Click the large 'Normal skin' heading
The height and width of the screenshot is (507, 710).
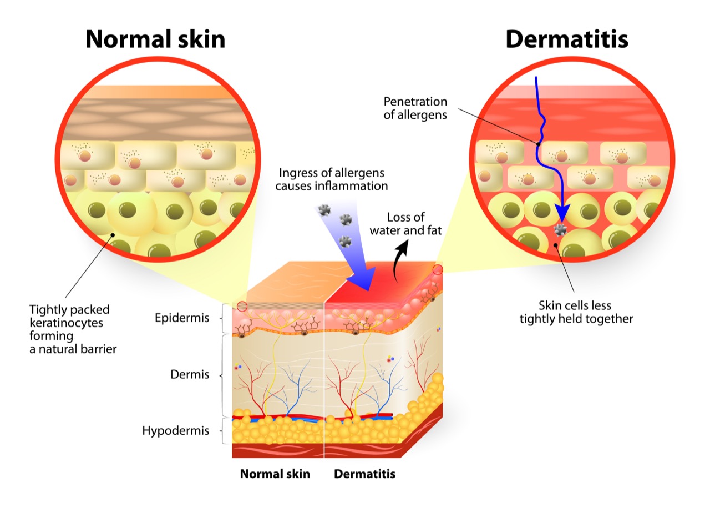(x=155, y=39)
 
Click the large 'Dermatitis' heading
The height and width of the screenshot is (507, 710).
(x=567, y=39)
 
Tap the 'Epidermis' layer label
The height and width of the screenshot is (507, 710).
(x=182, y=318)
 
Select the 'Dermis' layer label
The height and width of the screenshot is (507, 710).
(x=190, y=374)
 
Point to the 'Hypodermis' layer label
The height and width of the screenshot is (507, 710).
(x=176, y=431)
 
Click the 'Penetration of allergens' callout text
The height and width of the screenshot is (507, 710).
(x=415, y=108)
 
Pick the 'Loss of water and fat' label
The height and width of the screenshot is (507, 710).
(x=405, y=224)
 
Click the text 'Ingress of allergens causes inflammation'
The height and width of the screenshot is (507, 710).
(x=332, y=179)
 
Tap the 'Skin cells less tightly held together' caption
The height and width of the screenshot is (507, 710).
(x=576, y=312)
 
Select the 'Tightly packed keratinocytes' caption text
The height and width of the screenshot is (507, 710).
(x=69, y=316)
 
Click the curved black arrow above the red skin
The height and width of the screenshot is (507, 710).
(x=400, y=261)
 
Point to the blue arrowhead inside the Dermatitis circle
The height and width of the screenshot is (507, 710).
(x=562, y=213)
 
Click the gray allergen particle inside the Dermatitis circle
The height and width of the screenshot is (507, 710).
(x=560, y=229)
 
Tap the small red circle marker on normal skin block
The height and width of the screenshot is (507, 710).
(x=242, y=307)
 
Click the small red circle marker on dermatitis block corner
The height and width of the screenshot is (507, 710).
(x=438, y=270)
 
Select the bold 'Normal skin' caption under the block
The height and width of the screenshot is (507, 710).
(x=275, y=474)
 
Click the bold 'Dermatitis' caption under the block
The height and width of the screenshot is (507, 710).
(x=365, y=474)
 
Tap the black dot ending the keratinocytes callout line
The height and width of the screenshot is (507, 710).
(x=113, y=235)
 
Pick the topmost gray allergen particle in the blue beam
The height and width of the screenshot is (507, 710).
(x=324, y=210)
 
